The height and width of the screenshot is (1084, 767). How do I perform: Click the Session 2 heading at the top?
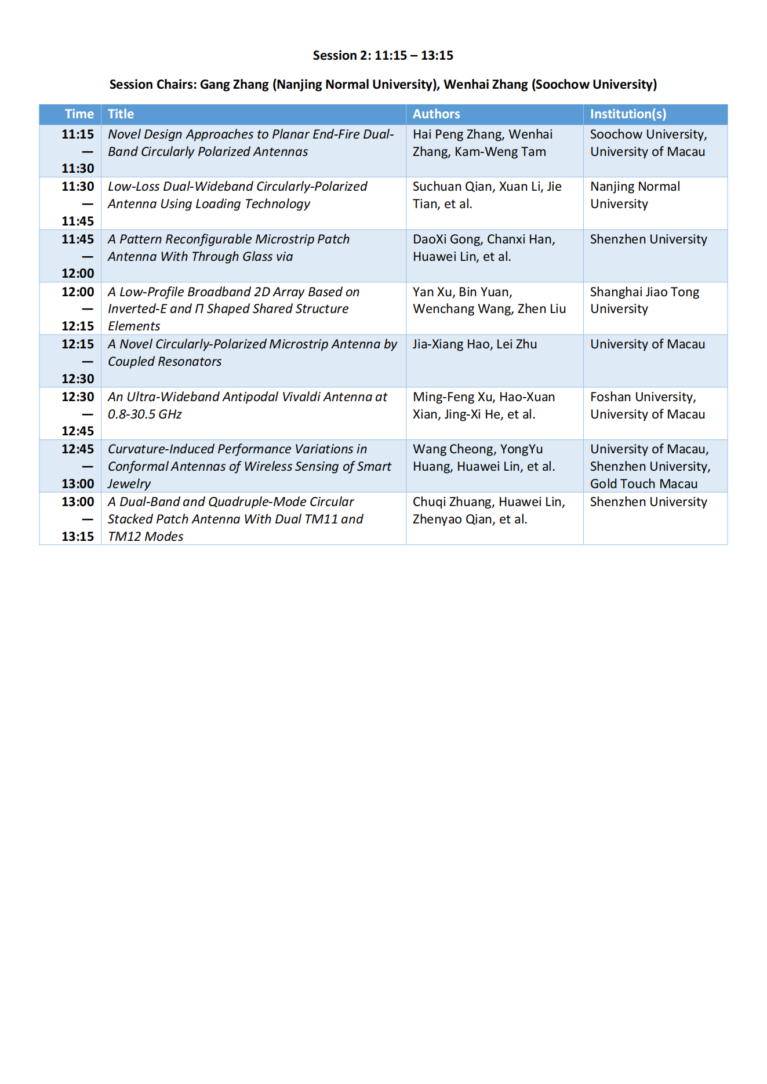pyautogui.click(x=383, y=56)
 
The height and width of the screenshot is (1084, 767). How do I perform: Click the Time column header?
pyautogui.click(x=79, y=114)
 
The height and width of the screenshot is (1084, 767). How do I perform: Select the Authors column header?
pyautogui.click(x=436, y=114)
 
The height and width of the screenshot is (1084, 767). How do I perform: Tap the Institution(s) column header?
pyautogui.click(x=628, y=114)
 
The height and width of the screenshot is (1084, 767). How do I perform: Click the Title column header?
pyautogui.click(x=121, y=114)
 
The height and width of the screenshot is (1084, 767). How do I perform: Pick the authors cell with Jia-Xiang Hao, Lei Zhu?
pyautogui.click(x=474, y=344)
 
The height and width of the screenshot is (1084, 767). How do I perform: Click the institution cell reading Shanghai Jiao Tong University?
pyautogui.click(x=644, y=300)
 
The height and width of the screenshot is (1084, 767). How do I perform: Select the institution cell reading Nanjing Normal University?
pyautogui.click(x=635, y=195)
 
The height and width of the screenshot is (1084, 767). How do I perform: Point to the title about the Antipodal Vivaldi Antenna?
pyautogui.click(x=247, y=405)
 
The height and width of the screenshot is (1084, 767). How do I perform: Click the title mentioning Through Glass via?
pyautogui.click(x=228, y=248)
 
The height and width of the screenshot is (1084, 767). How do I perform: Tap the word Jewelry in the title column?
pyautogui.click(x=129, y=484)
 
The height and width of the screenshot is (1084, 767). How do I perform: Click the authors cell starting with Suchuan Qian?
pyautogui.click(x=486, y=195)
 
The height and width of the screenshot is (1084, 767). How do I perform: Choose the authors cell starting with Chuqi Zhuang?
pyautogui.click(x=488, y=510)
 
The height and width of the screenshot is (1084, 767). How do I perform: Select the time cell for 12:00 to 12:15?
pyautogui.click(x=78, y=309)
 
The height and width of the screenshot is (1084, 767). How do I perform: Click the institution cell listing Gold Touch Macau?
pyautogui.click(x=644, y=484)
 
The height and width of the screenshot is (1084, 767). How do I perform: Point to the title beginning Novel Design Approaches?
pyautogui.click(x=250, y=143)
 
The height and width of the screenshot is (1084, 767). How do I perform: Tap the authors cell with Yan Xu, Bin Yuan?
pyautogui.click(x=489, y=300)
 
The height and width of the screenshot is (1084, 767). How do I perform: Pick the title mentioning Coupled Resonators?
pyautogui.click(x=252, y=352)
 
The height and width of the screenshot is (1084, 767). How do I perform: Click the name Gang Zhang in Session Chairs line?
pyautogui.click(x=234, y=85)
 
